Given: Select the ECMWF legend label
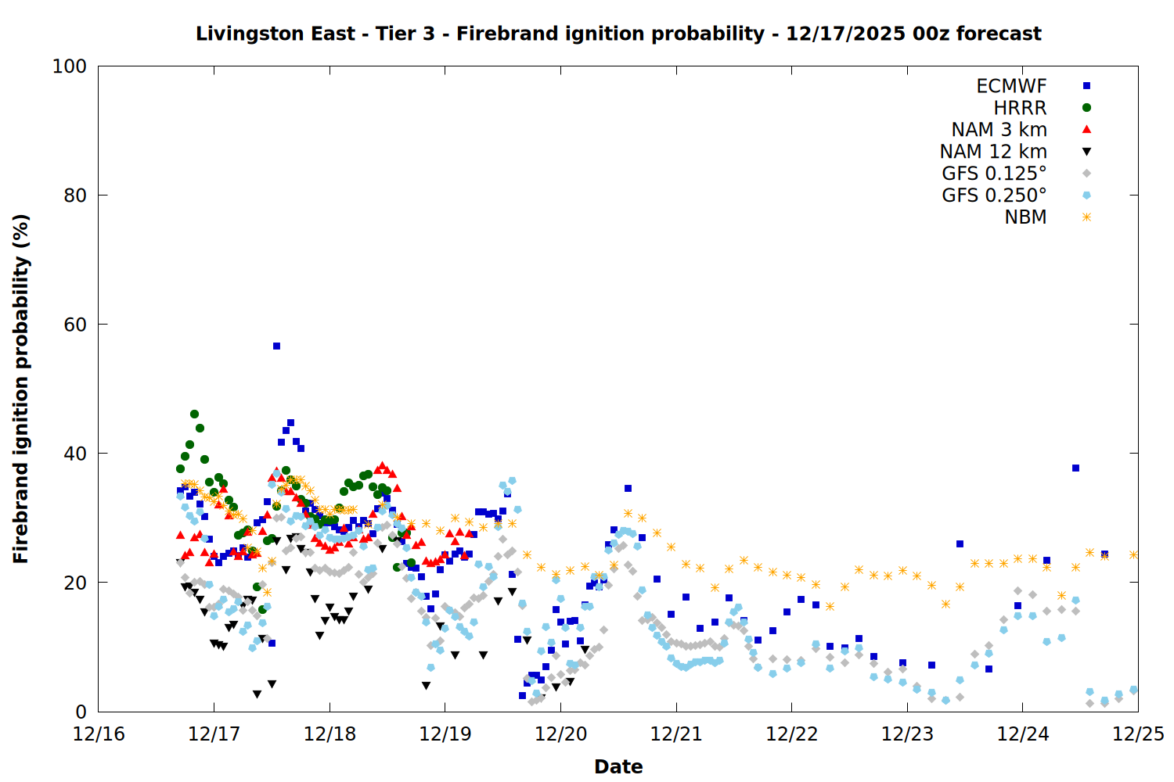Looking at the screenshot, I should point(1011,86).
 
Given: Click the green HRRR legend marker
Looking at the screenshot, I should point(1086,108).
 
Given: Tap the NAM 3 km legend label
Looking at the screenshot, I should point(999,130).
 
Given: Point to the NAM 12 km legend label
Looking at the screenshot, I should point(993,152).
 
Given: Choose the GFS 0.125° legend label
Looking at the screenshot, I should point(994,174).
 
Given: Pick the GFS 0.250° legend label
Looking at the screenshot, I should point(994,195).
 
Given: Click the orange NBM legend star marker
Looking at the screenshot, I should point(1086,217).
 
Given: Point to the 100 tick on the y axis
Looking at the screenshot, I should point(70,66).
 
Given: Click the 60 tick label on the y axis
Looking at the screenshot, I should point(75,325).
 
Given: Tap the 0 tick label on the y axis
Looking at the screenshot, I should point(81,712).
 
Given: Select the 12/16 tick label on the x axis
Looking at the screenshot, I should point(99,734).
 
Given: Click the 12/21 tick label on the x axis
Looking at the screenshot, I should point(676,734).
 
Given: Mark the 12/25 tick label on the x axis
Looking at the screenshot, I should point(1138,734).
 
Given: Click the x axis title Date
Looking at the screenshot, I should point(618,766).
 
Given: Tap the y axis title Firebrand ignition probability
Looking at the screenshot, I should point(21,389).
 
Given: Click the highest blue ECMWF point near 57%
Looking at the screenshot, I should point(276,346).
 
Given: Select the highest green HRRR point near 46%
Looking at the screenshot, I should point(194,414).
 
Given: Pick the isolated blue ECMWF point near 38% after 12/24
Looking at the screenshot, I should point(1075,468).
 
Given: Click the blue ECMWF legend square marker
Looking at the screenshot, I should point(1086,86).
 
